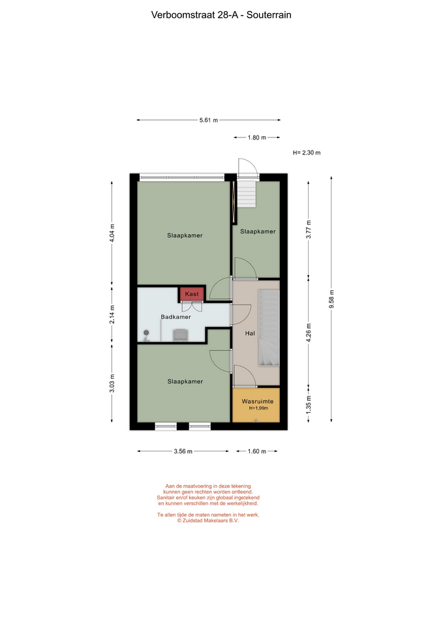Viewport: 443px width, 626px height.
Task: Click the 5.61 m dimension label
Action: click(x=209, y=120)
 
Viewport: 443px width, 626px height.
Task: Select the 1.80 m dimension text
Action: click(x=257, y=138)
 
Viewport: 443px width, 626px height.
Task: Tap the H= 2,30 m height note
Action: click(x=307, y=153)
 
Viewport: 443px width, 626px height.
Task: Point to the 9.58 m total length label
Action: click(x=331, y=299)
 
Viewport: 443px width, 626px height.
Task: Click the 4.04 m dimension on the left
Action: click(x=112, y=233)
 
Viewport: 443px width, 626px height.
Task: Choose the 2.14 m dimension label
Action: click(x=112, y=314)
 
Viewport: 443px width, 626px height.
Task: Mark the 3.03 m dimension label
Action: click(x=112, y=383)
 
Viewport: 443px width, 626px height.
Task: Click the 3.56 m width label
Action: click(x=183, y=451)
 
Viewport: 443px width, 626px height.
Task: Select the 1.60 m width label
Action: click(x=257, y=451)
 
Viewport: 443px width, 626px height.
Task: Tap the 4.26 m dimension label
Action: click(x=309, y=333)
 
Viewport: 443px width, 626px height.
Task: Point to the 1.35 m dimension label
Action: click(x=309, y=404)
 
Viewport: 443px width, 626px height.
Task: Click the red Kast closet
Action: click(x=192, y=294)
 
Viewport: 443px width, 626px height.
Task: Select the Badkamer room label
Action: click(x=176, y=317)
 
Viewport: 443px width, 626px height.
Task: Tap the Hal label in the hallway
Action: click(x=250, y=333)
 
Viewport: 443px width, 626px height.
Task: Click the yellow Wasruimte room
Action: click(x=256, y=405)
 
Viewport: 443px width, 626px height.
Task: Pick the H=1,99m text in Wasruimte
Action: click(x=258, y=408)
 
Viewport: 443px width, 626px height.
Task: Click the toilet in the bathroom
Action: click(x=146, y=335)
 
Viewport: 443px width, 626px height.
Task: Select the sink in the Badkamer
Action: click(x=180, y=335)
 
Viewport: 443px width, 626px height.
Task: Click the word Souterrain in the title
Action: click(x=269, y=15)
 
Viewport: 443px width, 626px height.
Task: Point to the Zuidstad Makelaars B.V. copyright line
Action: click(x=208, y=520)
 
